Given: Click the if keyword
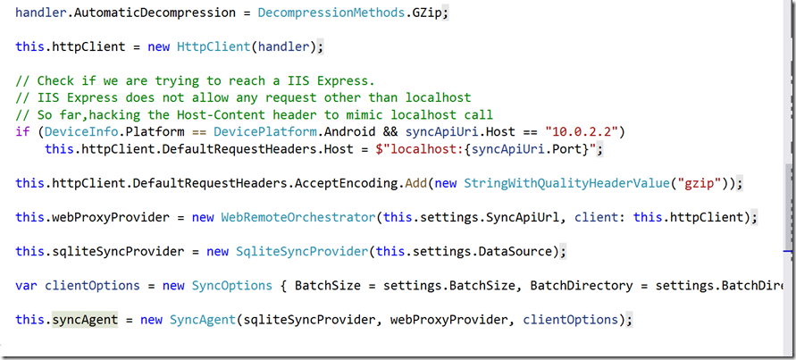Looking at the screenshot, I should click(22, 131).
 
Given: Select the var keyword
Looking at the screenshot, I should click(27, 286).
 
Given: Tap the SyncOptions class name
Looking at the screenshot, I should click(231, 286).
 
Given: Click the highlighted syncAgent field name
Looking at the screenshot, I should click(85, 319).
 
